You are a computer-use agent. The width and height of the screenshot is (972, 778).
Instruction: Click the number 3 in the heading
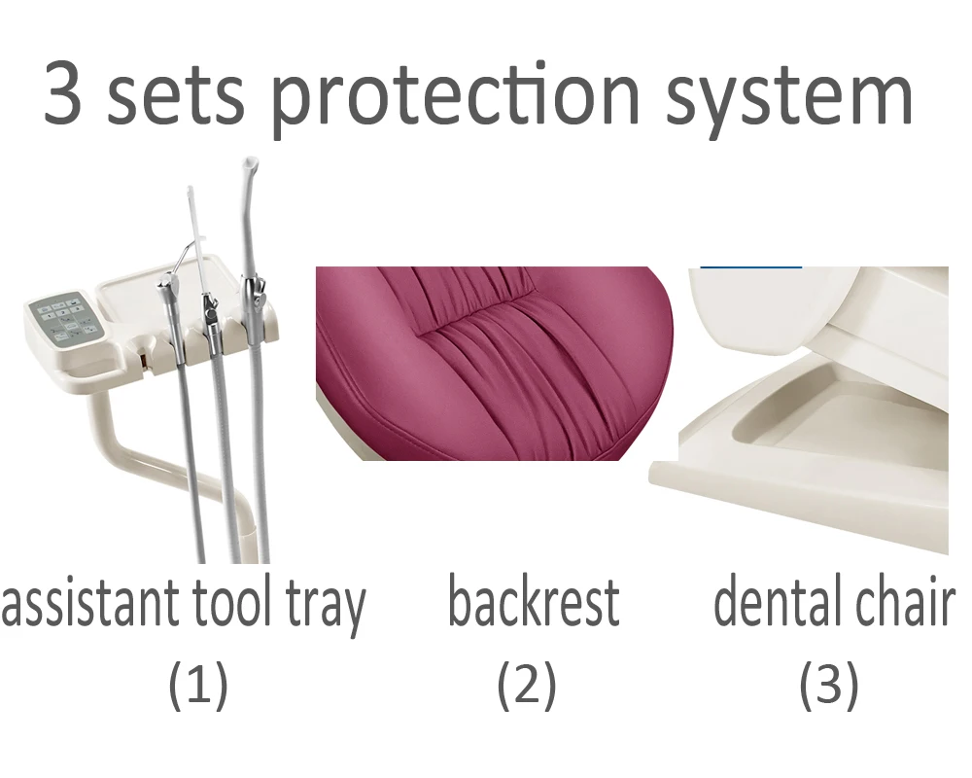click(63, 94)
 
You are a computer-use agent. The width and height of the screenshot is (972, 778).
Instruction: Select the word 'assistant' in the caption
click(83, 605)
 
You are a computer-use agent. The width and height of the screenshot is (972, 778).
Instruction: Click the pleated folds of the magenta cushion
click(486, 331)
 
